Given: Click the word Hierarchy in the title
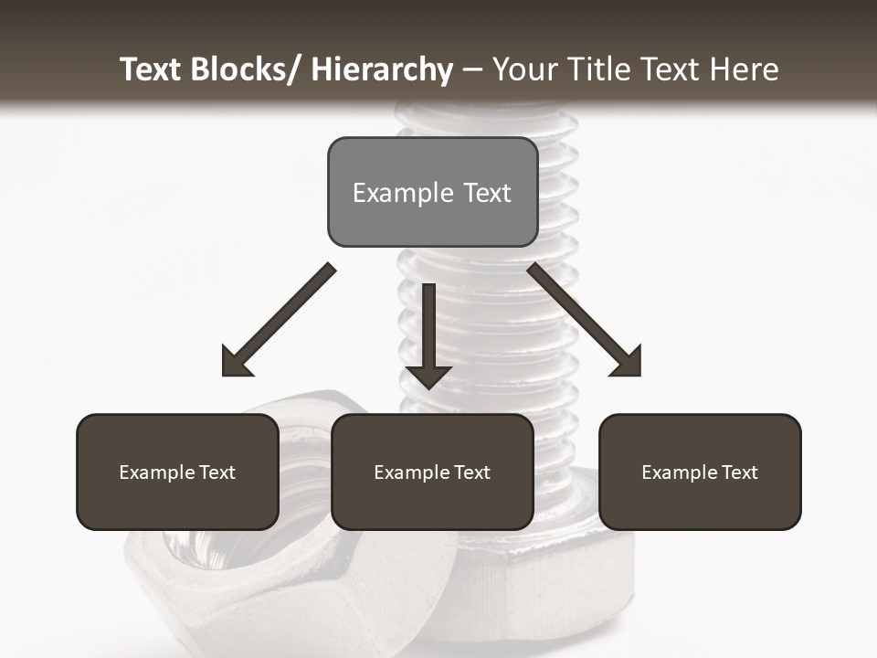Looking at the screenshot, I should pos(381,69).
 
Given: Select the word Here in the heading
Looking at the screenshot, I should pos(745,69).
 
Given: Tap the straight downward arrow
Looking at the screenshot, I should pos(428,329).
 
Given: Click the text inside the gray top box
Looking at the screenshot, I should pos(432,193).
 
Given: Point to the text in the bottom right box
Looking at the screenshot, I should pos(700,472).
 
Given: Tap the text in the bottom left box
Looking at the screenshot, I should pos(177,472).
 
